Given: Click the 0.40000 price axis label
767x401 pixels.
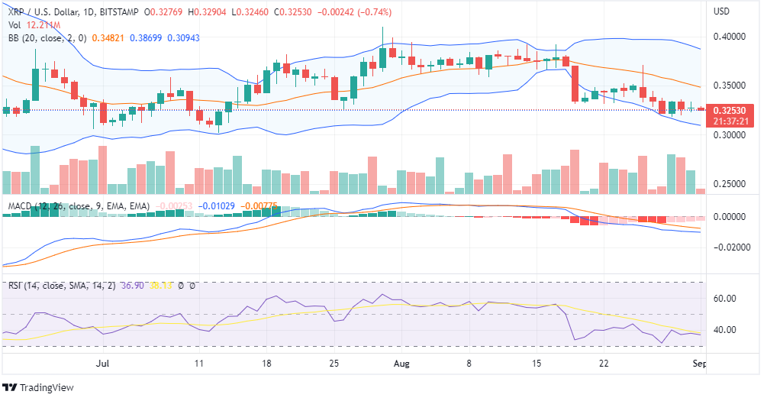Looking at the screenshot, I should pyautogui.click(x=728, y=36).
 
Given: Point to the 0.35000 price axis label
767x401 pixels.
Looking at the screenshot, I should pyautogui.click(x=728, y=86).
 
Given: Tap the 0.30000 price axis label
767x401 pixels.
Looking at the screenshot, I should pyautogui.click(x=728, y=135).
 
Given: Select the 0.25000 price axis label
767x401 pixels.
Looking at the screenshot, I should pyautogui.click(x=728, y=184).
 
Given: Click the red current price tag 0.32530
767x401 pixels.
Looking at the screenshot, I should pyautogui.click(x=729, y=110).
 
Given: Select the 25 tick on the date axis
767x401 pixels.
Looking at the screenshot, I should pyautogui.click(x=333, y=364).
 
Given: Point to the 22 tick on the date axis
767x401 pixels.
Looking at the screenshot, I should pyautogui.click(x=604, y=364).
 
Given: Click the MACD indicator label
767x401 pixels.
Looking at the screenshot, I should pyautogui.click(x=21, y=206).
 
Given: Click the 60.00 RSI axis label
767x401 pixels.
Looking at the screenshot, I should pyautogui.click(x=729, y=299).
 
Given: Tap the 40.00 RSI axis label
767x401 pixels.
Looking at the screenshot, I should pyautogui.click(x=729, y=330).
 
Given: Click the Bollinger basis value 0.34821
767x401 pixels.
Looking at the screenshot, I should pyautogui.click(x=106, y=37).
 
